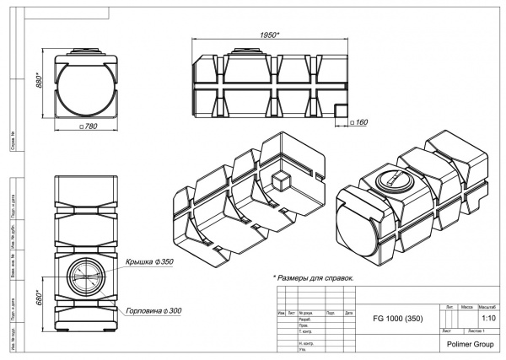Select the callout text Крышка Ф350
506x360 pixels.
(149, 262)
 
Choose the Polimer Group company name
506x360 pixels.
(471, 345)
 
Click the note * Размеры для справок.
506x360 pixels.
(312, 277)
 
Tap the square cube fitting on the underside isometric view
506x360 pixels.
(281, 181)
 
